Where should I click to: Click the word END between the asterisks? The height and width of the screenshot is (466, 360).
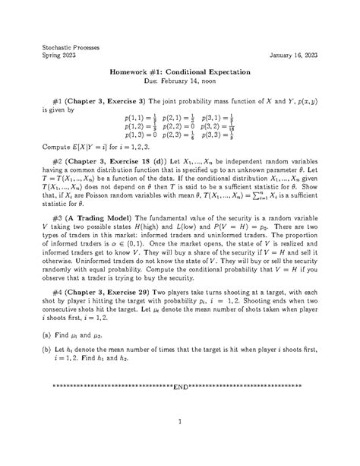pyautogui.click(x=179, y=387)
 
